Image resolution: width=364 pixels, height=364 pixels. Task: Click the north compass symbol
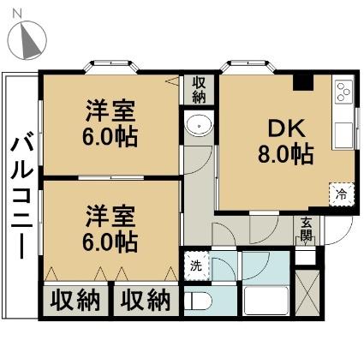click(x=27, y=39)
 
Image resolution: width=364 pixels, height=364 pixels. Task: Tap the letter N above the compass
click(x=18, y=13)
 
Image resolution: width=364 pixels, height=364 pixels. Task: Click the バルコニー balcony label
click(x=22, y=194)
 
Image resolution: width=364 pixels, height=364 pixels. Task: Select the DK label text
click(x=286, y=130)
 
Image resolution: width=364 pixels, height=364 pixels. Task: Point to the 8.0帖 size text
click(x=286, y=154)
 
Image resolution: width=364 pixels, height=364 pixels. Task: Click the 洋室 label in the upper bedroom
click(x=110, y=111)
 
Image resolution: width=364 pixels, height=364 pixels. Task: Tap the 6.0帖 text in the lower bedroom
click(x=110, y=242)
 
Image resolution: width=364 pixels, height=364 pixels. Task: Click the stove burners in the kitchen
click(x=343, y=92)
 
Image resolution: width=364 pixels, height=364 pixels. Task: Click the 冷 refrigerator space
click(x=342, y=194)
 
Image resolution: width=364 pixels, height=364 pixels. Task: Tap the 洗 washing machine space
click(x=196, y=266)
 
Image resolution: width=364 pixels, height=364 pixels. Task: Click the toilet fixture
click(x=198, y=301)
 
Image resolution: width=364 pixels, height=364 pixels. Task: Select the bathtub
click(x=266, y=301)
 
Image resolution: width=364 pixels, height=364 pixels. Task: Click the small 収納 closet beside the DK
click(x=199, y=90)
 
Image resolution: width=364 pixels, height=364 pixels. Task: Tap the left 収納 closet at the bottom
click(x=75, y=301)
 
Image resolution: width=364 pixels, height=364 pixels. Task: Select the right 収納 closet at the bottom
click(x=146, y=301)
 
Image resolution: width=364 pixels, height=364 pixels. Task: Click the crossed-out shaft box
click(x=307, y=292)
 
